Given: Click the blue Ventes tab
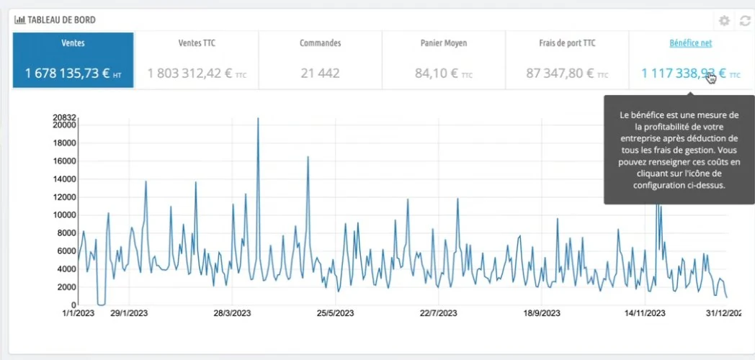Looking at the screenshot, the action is pos(73,60).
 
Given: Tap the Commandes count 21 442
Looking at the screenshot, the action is pos(320,73).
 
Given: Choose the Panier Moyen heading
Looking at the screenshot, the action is pos(444,43).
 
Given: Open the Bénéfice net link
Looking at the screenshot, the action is pos(690,43).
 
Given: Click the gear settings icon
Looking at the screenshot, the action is pos(724,21).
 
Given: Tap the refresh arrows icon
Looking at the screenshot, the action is pos(745,21).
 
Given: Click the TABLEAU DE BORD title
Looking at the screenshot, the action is pos(62,19).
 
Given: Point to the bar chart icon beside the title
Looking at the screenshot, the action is pos(19,19).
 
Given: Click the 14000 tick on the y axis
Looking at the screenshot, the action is pos(65,179).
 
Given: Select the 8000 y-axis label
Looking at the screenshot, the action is pos(67,233).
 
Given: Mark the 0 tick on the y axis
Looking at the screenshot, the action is pos(73,305).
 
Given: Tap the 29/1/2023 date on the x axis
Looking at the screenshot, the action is pos(128,313).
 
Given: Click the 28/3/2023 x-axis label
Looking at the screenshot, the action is pos(232,313).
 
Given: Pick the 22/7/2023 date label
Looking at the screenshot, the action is pos(438,313).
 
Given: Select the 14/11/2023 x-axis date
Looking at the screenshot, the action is pos(645,313).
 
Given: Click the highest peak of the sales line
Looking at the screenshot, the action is pos(258,118).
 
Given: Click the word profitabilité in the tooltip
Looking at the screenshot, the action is pos(659,127).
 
